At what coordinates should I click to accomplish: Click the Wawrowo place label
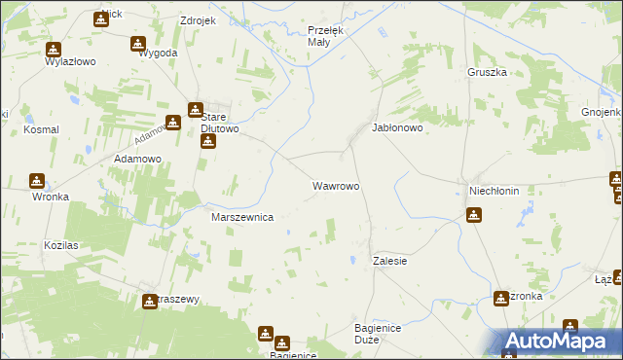(x=336, y=185)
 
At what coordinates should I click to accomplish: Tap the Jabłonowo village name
(x=397, y=127)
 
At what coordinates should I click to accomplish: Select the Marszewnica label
(x=242, y=218)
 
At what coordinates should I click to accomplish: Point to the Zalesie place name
(x=389, y=262)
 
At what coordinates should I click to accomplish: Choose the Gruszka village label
(x=488, y=72)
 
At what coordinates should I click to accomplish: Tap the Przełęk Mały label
(x=319, y=36)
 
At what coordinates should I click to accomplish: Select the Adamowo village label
(x=137, y=158)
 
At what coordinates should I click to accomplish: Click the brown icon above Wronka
(x=37, y=180)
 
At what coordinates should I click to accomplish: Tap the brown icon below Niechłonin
(x=474, y=215)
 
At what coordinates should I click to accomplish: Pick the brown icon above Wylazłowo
(x=53, y=49)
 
